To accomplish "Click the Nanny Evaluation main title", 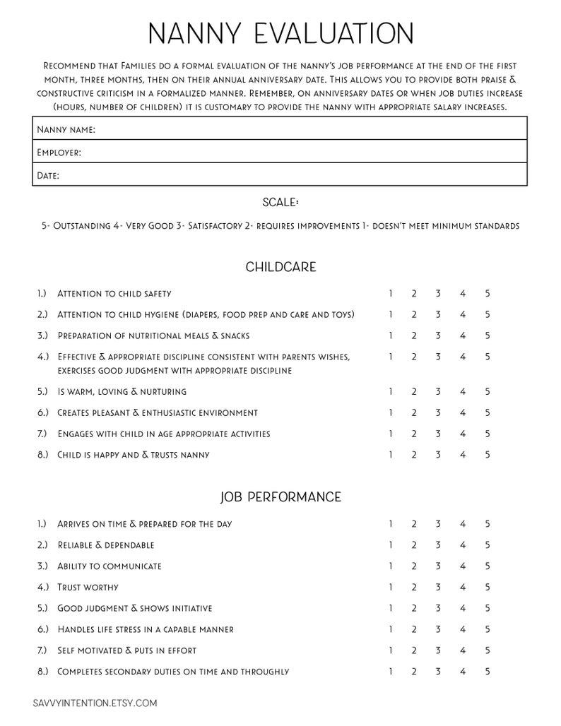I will click(280, 34).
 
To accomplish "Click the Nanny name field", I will click(280, 129).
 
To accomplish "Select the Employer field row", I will click(280, 152).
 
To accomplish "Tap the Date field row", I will click(280, 175).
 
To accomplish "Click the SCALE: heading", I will click(280, 202).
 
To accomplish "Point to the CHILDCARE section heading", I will click(280, 267).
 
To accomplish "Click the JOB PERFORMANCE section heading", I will click(280, 497).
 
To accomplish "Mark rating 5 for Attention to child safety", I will click(487, 293).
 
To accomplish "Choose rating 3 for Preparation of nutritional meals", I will click(438, 335).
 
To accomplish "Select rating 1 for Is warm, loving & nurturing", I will click(390, 391).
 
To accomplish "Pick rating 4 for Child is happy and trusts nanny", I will click(463, 455).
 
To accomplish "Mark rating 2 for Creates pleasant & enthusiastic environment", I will click(414, 412).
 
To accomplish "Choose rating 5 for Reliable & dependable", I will click(487, 544).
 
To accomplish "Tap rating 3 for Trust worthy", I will click(438, 587).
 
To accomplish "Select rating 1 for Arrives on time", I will click(390, 523).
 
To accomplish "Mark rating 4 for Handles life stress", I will click(463, 629).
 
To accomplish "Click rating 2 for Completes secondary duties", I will click(414, 671).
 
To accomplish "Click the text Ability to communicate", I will click(110, 566).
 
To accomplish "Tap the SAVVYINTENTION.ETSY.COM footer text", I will click(95, 703).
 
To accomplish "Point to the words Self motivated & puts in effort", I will click(127, 650).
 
